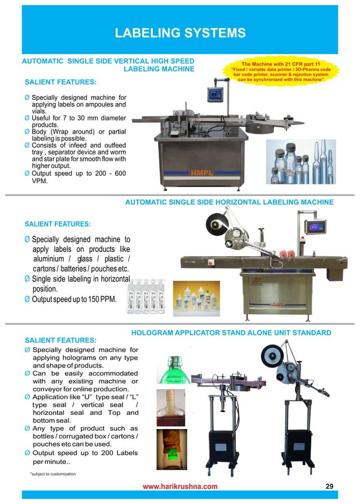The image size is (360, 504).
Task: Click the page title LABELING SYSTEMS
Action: tap(180, 33)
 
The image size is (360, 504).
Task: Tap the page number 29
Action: tap(331, 485)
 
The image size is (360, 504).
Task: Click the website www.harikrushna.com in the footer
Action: tap(179, 486)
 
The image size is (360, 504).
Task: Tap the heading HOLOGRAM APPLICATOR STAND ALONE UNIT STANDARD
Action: tap(231, 333)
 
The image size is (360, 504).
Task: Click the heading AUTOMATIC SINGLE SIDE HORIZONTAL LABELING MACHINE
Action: tap(229, 202)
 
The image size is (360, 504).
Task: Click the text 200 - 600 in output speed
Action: tap(107, 174)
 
